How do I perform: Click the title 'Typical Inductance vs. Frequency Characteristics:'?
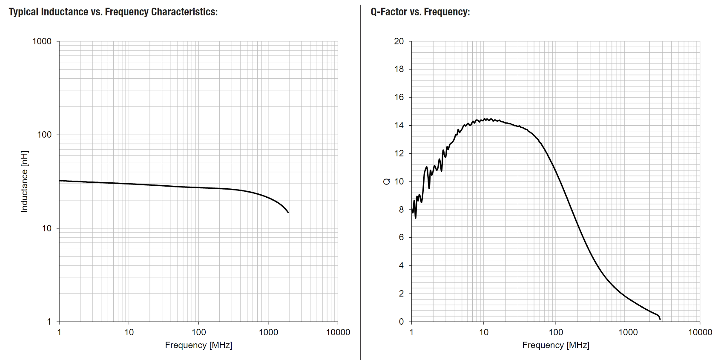[x=113, y=12]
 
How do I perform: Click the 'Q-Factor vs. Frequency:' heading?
[x=420, y=12]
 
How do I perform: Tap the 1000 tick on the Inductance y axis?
[x=42, y=41]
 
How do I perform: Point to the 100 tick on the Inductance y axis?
[x=44, y=135]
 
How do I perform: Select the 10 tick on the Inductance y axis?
[x=46, y=228]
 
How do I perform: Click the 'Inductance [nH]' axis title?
[x=24, y=181]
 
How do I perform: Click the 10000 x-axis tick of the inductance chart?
[x=338, y=332]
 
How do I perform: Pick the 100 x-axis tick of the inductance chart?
[x=198, y=332]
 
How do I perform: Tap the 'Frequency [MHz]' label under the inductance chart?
[x=198, y=345]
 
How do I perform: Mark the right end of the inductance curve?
[x=288, y=212]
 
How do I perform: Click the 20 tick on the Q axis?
[x=399, y=41]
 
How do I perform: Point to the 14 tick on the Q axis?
[x=399, y=125]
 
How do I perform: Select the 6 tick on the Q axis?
[x=401, y=237]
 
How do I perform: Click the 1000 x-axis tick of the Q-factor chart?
[x=628, y=332]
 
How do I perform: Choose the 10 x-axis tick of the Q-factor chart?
[x=483, y=332]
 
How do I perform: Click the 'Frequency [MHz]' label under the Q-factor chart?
[x=555, y=345]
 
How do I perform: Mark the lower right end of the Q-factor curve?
[x=660, y=319]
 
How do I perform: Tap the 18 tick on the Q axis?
[x=399, y=69]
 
